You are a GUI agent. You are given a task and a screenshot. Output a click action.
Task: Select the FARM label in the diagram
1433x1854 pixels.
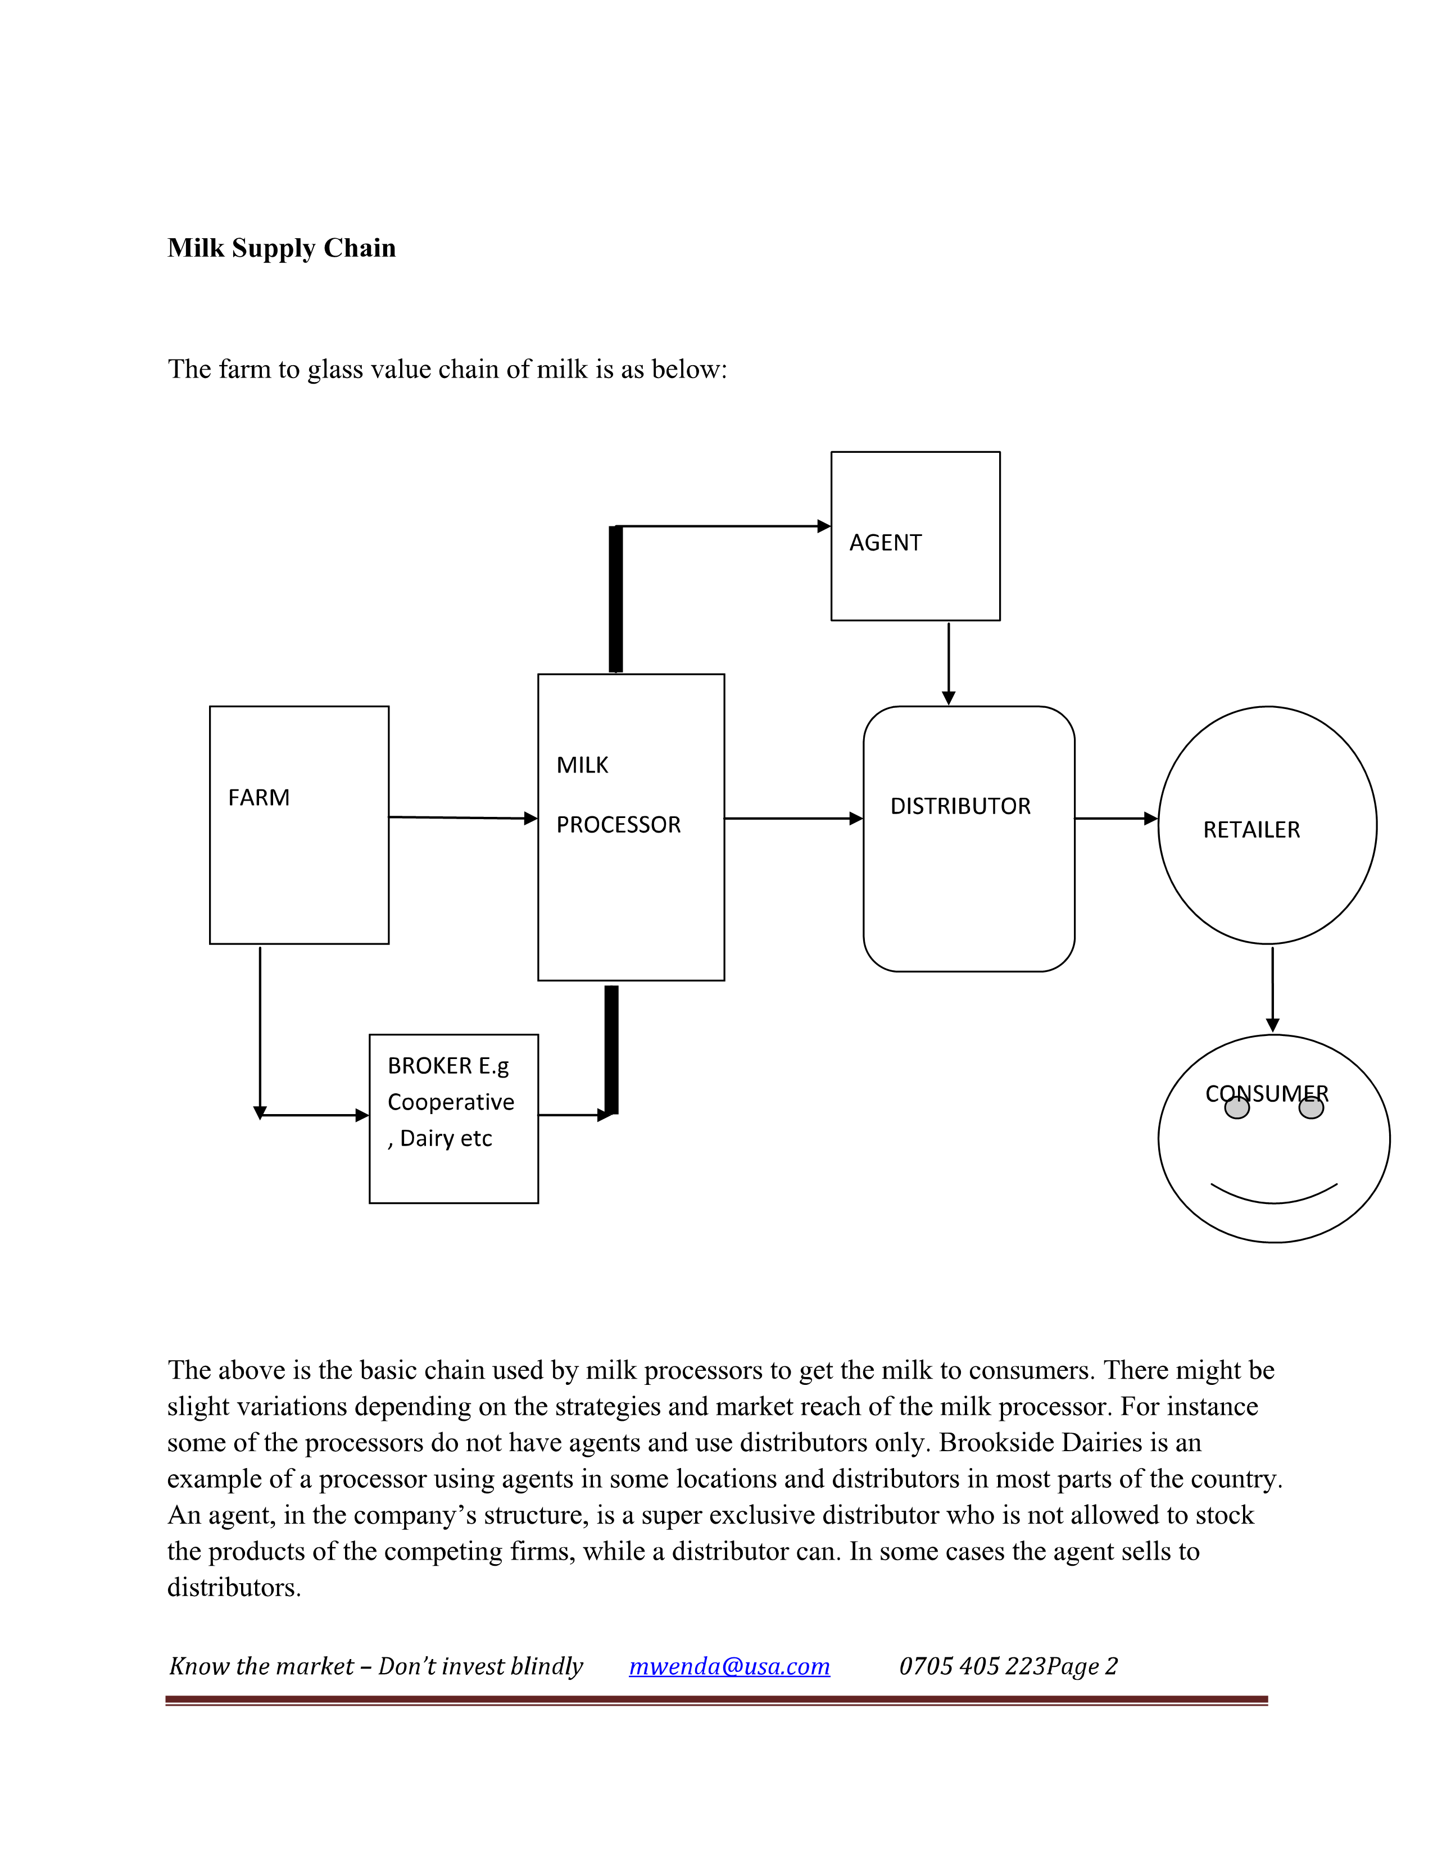[259, 798]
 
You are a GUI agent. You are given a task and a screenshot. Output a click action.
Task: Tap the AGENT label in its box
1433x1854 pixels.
[886, 543]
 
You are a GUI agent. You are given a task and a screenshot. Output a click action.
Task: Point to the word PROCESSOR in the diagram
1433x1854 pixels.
[618, 825]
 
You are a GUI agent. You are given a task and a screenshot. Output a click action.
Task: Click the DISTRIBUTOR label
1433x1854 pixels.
[960, 806]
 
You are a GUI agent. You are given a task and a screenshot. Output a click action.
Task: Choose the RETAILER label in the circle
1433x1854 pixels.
[1251, 830]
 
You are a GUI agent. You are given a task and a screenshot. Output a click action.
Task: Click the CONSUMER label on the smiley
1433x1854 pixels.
[1267, 1093]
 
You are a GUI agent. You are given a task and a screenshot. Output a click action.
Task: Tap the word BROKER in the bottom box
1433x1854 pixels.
[429, 1066]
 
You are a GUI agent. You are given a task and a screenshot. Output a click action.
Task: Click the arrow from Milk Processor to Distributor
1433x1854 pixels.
[793, 819]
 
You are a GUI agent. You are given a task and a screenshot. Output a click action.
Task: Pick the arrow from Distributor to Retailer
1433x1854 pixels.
[1115, 819]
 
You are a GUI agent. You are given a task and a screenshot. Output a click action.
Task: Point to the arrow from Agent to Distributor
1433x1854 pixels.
[949, 663]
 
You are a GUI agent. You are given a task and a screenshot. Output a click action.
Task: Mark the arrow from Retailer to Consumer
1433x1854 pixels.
[1272, 989]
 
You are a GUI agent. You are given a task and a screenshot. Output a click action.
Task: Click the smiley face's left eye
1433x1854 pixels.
[1237, 1108]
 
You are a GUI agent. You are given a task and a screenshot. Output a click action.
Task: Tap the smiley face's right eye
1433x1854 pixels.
[1312, 1108]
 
